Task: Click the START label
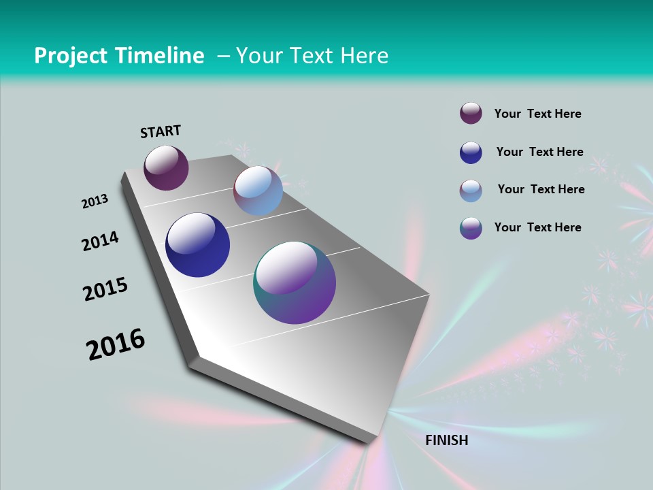point(161,131)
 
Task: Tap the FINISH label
point(446,440)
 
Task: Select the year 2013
point(95,201)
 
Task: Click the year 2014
point(100,241)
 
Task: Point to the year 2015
point(105,289)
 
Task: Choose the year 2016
point(116,344)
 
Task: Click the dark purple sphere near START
point(166,168)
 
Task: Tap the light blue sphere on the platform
point(258,191)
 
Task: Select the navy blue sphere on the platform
point(197,245)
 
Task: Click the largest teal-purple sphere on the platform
point(295,282)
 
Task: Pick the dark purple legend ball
point(471,113)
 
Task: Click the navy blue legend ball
point(471,152)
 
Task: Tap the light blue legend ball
point(471,191)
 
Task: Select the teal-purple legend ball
point(471,228)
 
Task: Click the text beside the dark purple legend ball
point(537,114)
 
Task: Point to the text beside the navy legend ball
point(539,152)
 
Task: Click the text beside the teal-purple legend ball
point(537,227)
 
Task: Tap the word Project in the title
point(70,56)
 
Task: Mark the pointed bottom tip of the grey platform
point(371,442)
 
